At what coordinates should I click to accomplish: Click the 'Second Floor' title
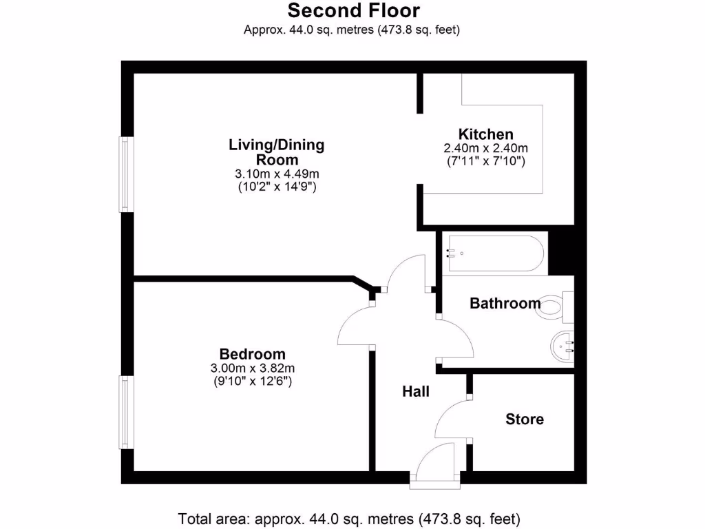(x=353, y=11)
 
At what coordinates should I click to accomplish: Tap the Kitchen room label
(x=486, y=134)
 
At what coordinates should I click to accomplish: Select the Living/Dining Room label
(x=276, y=152)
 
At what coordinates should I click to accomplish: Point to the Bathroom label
(x=505, y=303)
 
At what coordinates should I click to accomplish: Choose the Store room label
(x=525, y=419)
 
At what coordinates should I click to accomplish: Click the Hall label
(x=416, y=391)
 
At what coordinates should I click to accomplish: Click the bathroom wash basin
(x=565, y=344)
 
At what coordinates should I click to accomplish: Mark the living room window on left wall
(x=125, y=174)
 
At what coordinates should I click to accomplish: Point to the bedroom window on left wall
(x=125, y=412)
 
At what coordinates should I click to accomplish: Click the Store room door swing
(x=452, y=419)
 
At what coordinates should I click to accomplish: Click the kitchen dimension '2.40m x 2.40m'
(x=486, y=148)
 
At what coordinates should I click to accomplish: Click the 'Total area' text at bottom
(x=349, y=518)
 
